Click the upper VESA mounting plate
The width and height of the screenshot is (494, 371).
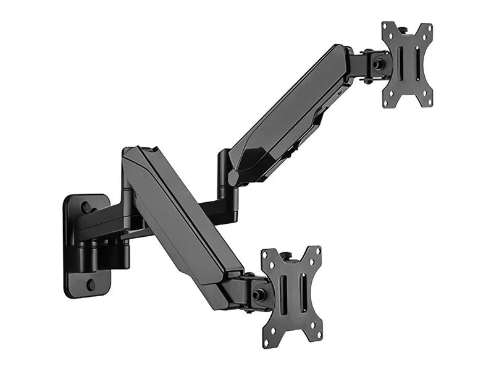(x=407, y=64)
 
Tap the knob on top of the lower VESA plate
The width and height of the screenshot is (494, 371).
(x=286, y=255)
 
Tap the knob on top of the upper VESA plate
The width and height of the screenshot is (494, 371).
(x=402, y=28)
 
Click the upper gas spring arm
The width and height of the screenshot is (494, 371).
(x=290, y=117)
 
